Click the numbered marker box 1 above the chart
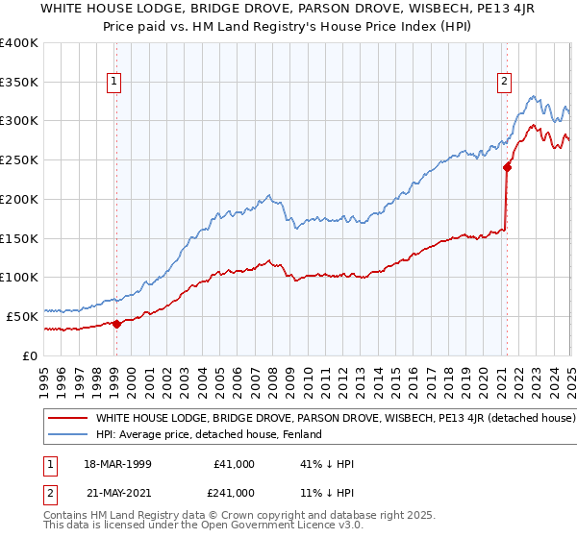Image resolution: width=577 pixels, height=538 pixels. coord(114,83)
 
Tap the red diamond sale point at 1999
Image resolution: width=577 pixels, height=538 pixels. coord(116,324)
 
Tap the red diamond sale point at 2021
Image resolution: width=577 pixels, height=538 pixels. coord(507,167)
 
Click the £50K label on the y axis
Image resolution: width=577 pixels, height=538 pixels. coord(23,316)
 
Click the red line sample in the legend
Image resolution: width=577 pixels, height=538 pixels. coord(68,419)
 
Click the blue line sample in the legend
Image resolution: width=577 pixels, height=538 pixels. coord(68,434)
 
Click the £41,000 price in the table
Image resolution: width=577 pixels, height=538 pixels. coord(235,464)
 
